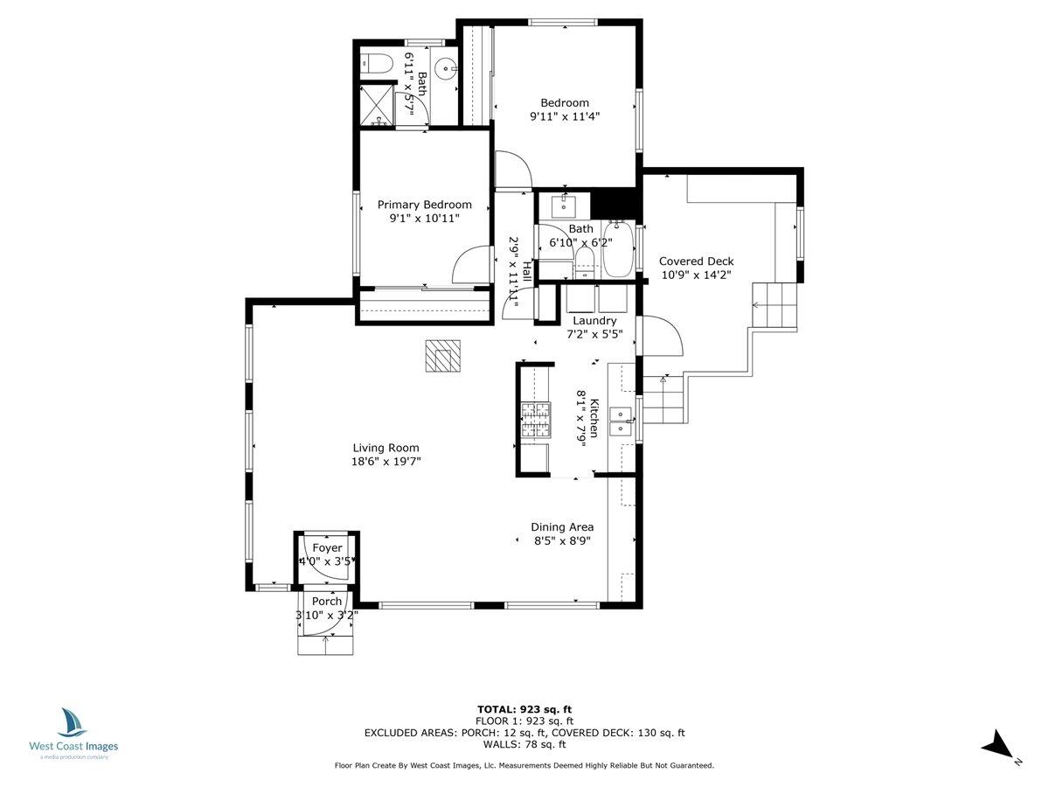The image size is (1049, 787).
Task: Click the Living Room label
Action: tap(386, 448)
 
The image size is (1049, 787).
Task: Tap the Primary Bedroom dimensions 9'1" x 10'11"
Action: tap(424, 219)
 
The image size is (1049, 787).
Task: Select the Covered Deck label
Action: tap(696, 261)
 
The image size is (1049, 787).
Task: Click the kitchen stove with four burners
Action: tap(537, 420)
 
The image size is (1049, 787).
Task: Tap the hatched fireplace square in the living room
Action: tap(442, 356)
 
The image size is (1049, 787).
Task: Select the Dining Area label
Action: tap(562, 526)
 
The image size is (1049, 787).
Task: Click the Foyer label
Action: tap(327, 547)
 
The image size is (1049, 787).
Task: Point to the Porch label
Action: tap(327, 601)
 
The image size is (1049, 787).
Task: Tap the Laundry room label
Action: tap(594, 321)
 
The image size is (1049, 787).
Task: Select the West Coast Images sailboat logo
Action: tap(73, 723)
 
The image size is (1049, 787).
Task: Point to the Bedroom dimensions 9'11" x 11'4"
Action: tap(564, 115)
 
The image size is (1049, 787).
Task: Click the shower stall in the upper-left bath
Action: tap(377, 104)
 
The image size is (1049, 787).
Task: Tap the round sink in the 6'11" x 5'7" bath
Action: tap(447, 66)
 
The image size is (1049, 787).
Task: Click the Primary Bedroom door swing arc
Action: tap(469, 262)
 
